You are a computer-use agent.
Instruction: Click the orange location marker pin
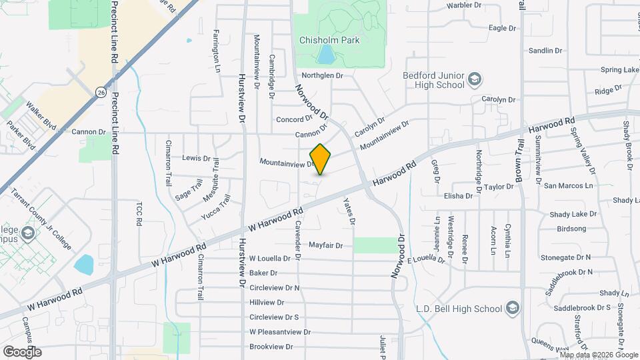tap(320, 159)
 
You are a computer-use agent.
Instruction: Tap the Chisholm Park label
tap(329, 40)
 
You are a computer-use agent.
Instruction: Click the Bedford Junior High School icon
tap(474, 80)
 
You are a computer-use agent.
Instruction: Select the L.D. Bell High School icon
tap(512, 308)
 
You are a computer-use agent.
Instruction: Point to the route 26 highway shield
tap(101, 91)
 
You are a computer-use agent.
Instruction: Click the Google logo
tap(22, 351)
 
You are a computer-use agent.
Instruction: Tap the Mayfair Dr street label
tap(325, 245)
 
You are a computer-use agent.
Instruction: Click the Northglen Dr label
tap(322, 76)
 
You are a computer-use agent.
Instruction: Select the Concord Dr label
tap(294, 120)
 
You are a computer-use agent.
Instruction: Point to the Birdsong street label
tap(571, 229)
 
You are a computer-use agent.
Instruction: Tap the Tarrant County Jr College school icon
tap(27, 233)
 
